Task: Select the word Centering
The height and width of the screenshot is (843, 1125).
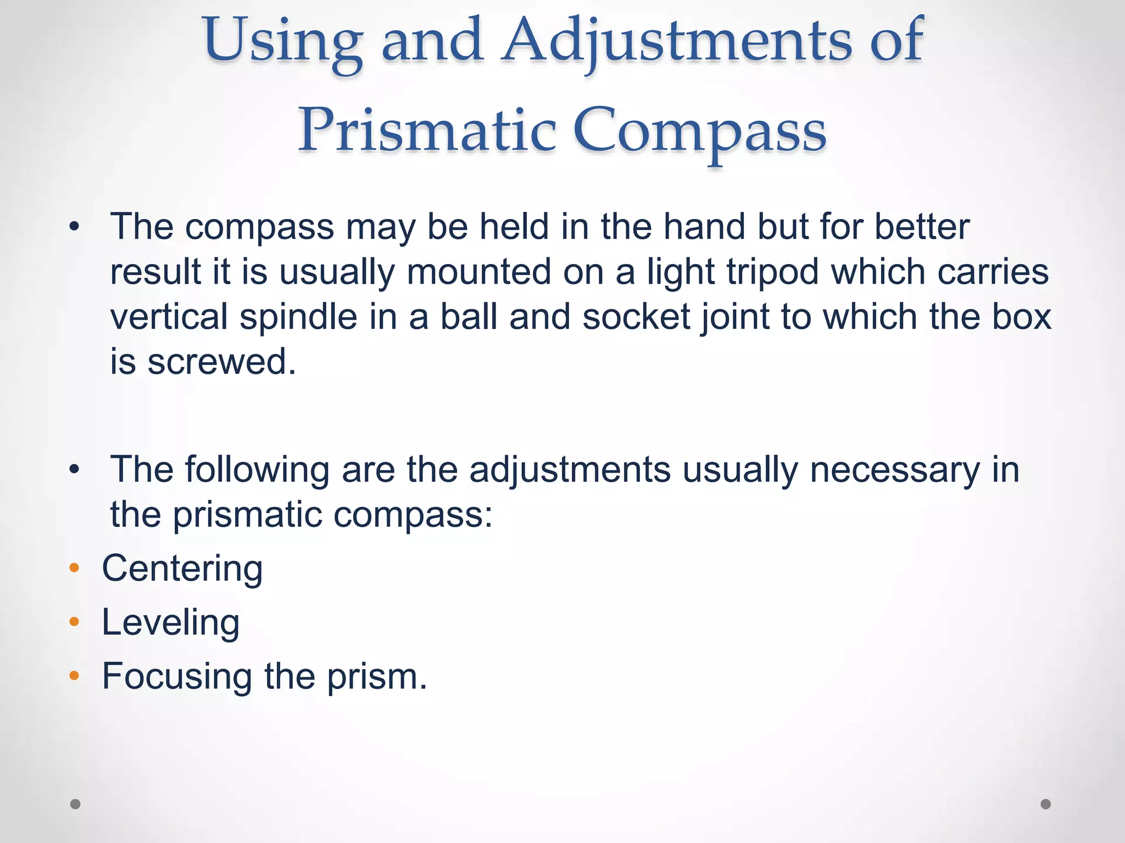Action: [x=182, y=569]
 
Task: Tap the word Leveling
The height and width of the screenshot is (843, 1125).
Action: [x=170, y=623]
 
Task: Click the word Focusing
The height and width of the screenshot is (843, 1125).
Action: [x=177, y=676]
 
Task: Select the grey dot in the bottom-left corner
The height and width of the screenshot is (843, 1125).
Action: [x=75, y=804]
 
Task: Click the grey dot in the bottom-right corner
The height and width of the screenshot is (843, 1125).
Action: [x=1046, y=804]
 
